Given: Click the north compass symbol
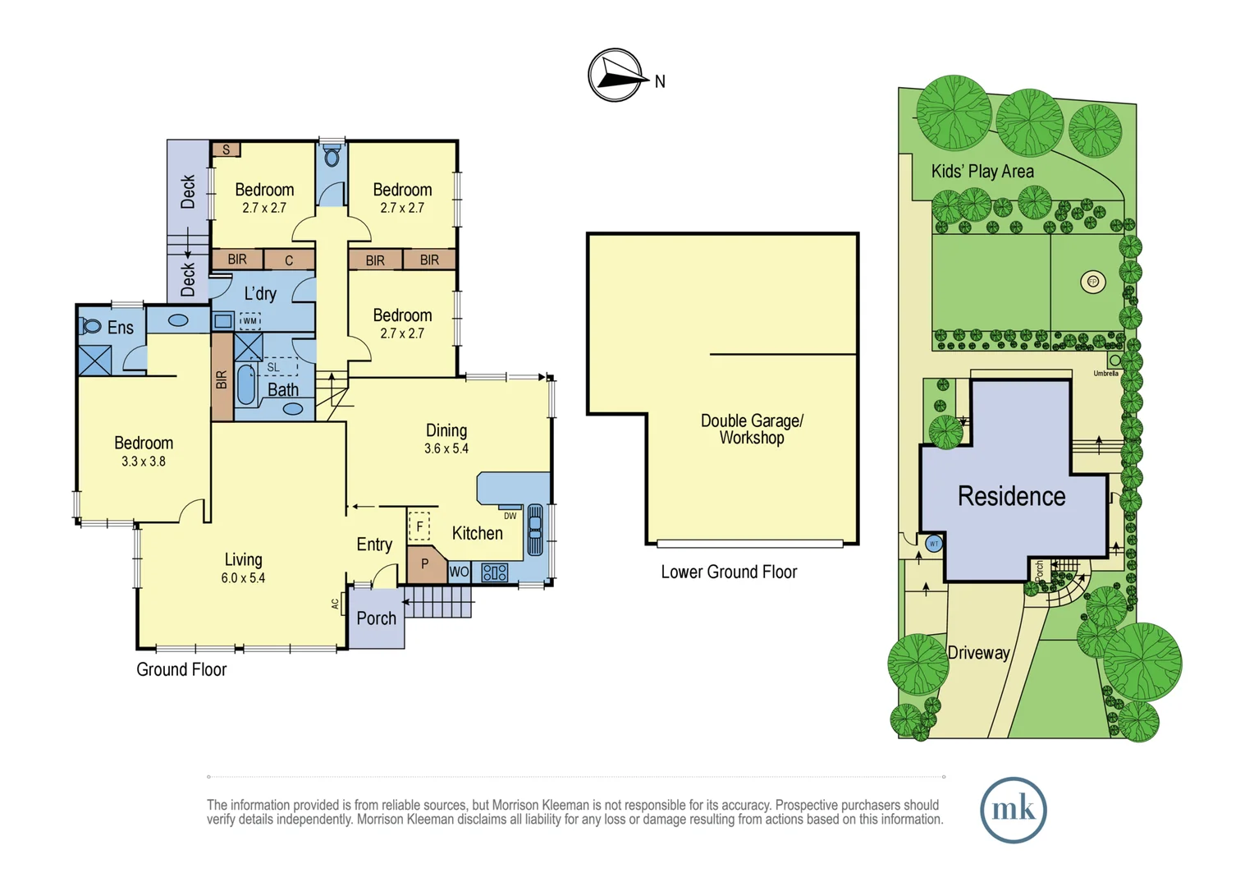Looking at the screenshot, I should [616, 76].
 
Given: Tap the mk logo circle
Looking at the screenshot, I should [1013, 810].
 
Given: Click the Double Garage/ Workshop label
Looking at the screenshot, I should [752, 430].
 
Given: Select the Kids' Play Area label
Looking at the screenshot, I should [982, 172].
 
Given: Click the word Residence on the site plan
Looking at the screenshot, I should [1011, 496].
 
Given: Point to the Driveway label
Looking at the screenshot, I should [978, 653].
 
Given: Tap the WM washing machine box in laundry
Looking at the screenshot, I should [249, 321].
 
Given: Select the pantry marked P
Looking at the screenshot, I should [425, 564].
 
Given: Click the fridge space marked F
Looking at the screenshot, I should [419, 526].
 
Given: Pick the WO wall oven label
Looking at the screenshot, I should [459, 572].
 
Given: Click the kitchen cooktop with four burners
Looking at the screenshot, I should [495, 572].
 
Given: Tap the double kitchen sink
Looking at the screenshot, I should [535, 531].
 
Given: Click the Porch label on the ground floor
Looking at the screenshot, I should [376, 618].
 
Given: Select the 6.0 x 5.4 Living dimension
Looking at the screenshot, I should [243, 578].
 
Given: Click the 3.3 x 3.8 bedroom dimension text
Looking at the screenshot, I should [144, 462].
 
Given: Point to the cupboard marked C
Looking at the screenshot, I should [289, 260].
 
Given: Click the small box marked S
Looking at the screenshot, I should [226, 149].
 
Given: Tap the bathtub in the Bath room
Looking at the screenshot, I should [245, 384].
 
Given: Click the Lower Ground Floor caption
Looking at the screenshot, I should [729, 572].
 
